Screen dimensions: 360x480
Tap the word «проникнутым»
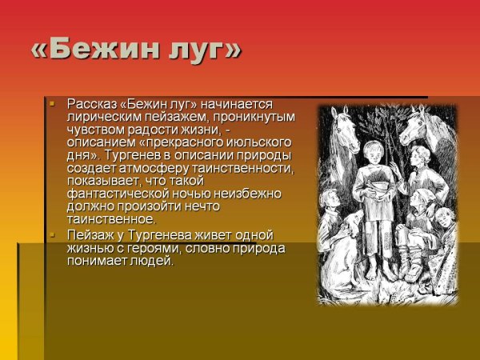click(260, 117)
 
